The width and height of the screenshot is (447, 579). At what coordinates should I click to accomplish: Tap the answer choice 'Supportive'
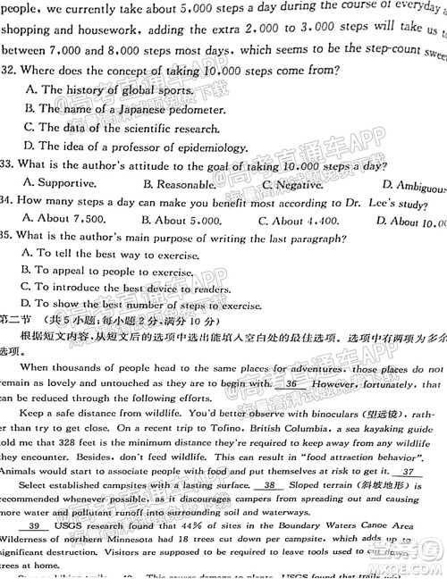[62, 184]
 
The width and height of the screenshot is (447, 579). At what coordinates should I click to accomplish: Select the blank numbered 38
[266, 485]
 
